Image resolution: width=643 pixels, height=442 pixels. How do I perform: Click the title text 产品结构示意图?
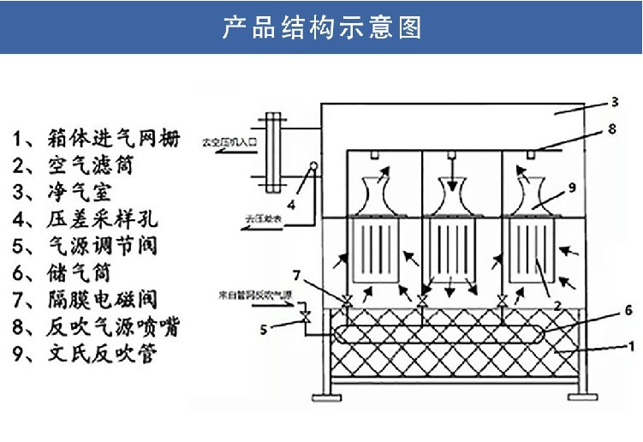[x=321, y=27]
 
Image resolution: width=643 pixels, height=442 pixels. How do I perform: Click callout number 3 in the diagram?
[x=614, y=102]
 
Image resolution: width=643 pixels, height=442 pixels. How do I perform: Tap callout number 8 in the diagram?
[x=611, y=130]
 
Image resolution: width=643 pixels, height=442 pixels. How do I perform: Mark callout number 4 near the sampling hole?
[x=291, y=203]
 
